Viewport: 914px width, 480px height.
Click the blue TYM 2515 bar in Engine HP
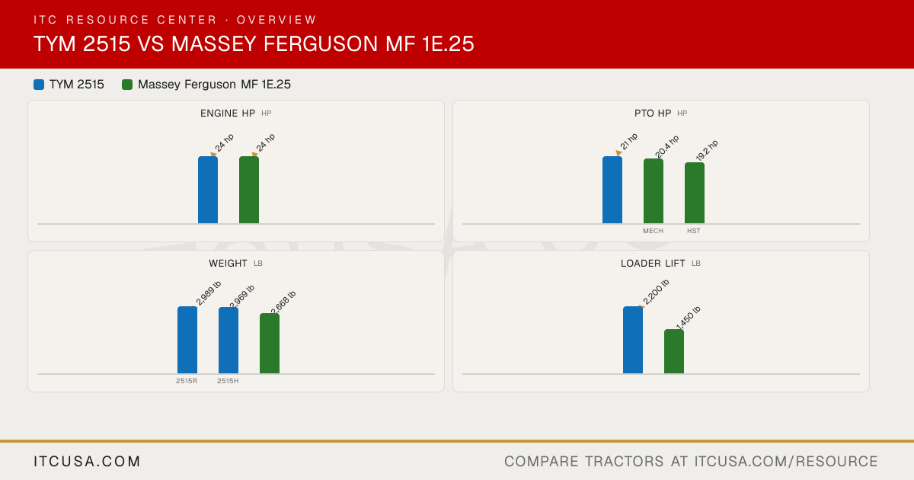[208, 190]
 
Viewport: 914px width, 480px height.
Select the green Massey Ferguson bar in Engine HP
[249, 190]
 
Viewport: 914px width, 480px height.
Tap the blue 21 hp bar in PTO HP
[612, 190]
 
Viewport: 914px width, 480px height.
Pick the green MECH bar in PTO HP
[654, 191]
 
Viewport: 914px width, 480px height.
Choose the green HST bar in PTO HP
[695, 193]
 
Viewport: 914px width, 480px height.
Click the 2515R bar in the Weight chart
[187, 340]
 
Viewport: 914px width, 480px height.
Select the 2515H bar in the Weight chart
[228, 341]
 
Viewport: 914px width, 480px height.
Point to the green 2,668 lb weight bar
[270, 344]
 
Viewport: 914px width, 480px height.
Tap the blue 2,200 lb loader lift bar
[633, 340]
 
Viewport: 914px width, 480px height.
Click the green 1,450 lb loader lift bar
[674, 351]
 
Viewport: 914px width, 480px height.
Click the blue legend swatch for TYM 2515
[39, 85]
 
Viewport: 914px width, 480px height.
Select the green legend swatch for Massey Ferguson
[127, 85]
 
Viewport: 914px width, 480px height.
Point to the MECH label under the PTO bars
[653, 231]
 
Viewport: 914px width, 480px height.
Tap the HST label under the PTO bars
[694, 231]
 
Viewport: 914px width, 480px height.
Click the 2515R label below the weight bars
[187, 381]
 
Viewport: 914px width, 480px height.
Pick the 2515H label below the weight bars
[228, 381]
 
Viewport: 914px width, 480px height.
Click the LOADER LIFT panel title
[653, 264]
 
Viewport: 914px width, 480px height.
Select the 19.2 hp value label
[707, 150]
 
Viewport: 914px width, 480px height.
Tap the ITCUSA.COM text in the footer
[87, 461]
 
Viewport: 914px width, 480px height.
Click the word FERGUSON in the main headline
[321, 43]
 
